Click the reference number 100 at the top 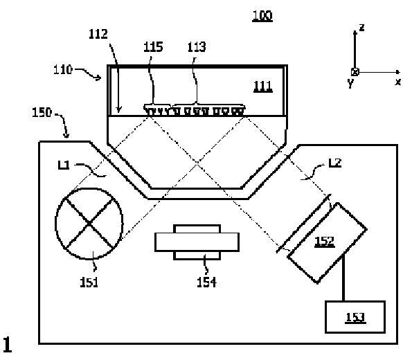(262, 16)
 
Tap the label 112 (98, 34)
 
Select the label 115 (153, 47)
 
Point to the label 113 (197, 47)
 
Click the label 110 (63, 70)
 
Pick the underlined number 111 (263, 87)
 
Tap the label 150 (42, 113)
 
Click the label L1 (64, 165)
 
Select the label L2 (335, 163)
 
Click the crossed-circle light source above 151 (89, 224)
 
